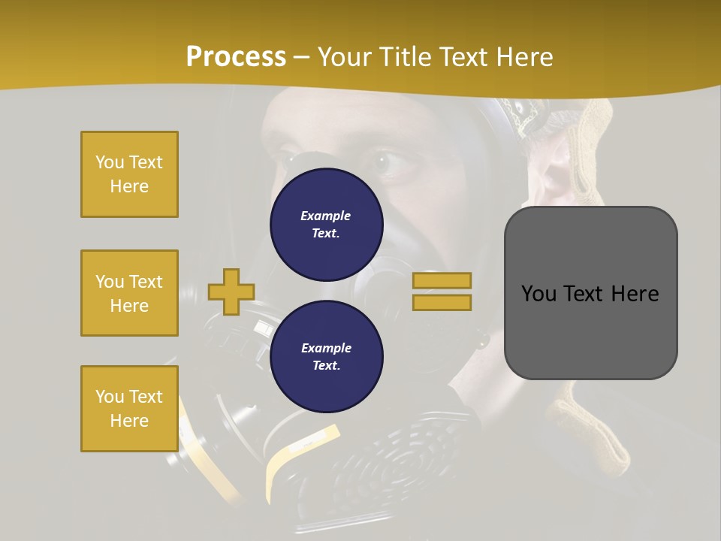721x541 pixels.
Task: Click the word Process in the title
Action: coord(236,57)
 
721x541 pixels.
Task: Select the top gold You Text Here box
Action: coord(129,174)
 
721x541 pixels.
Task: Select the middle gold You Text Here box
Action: coord(129,293)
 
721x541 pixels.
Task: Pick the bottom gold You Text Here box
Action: coord(129,409)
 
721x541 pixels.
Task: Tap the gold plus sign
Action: coord(231,292)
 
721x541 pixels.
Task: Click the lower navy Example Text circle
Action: coord(327,356)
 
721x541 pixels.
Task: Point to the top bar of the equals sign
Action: coord(442,280)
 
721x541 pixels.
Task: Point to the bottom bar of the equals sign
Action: coord(442,303)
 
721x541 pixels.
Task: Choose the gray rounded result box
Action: coord(590,293)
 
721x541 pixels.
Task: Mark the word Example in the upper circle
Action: coord(326,216)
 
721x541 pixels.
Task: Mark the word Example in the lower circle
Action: coord(326,348)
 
